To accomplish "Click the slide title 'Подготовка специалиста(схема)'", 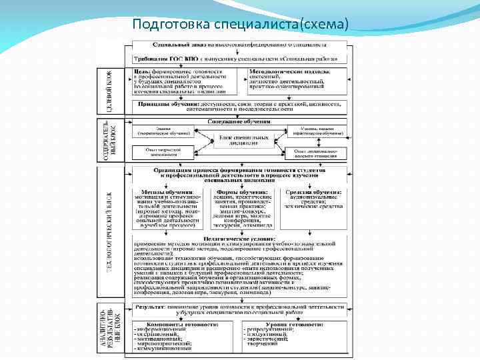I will pyautogui.click(x=240, y=25).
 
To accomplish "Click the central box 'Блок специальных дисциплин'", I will pyautogui.click(x=239, y=139).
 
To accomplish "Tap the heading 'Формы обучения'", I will pyautogui.click(x=238, y=191).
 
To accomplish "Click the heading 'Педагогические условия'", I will pyautogui.click(x=239, y=237).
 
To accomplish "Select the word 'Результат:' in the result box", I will pyautogui.click(x=150, y=306).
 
